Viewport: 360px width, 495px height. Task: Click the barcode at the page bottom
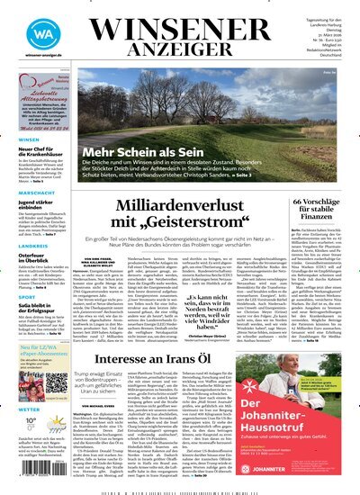pyautogui.click(x=180, y=491)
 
